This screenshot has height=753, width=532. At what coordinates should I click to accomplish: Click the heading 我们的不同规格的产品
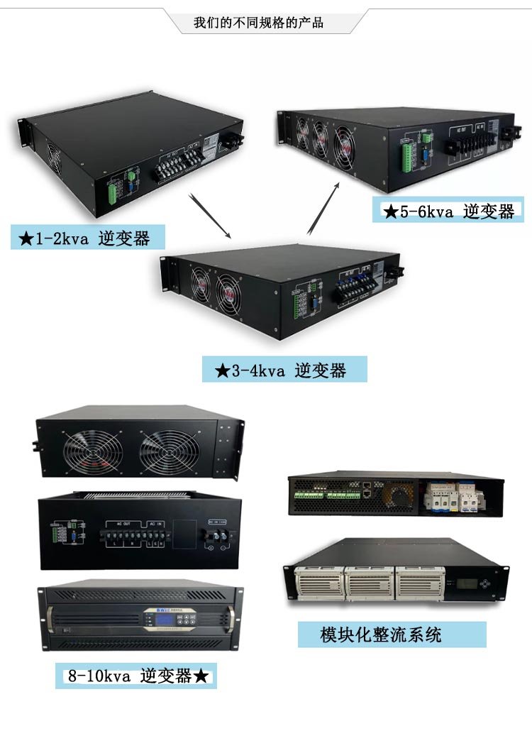(x=258, y=23)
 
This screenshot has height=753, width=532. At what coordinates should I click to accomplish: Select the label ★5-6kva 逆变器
(x=448, y=211)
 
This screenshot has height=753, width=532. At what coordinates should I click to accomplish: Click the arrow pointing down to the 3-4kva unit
(x=211, y=215)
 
